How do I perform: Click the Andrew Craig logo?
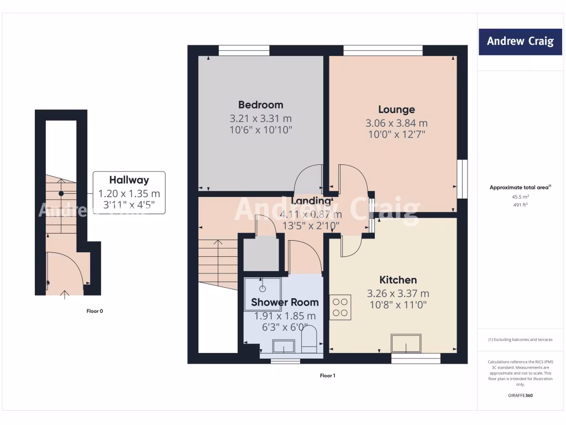[520, 42]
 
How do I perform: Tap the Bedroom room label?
[260, 105]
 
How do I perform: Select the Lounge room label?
[396, 110]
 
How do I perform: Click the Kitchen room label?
[398, 280]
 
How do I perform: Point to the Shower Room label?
[285, 302]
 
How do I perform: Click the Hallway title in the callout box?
[129, 180]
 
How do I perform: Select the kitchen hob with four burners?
[340, 307]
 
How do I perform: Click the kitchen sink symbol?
[406, 344]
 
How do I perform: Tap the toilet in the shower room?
[310, 339]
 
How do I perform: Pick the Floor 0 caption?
[95, 311]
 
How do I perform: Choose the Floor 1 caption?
[327, 376]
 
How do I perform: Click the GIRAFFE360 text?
[520, 396]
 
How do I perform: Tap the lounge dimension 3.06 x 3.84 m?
[396, 123]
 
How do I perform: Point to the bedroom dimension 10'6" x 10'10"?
[260, 129]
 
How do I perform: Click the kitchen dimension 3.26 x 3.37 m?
[398, 293]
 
